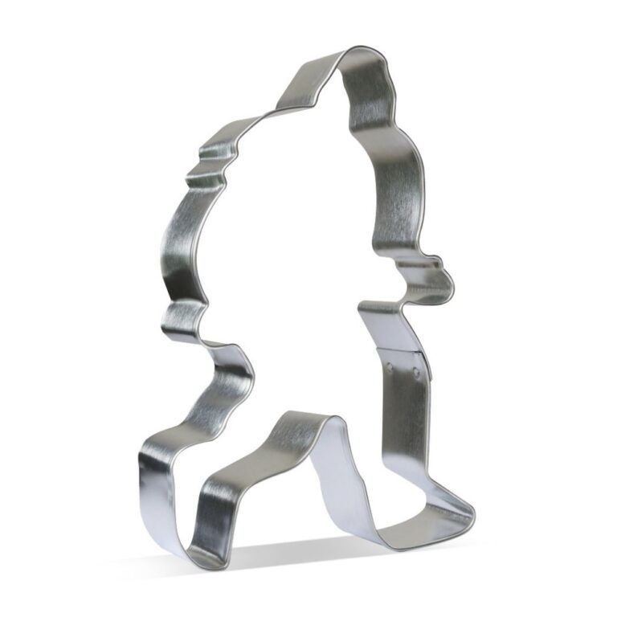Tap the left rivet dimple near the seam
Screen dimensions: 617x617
(x=391, y=366)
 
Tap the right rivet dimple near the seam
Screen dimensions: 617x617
(x=417, y=371)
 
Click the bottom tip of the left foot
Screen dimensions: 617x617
(x=188, y=554)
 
